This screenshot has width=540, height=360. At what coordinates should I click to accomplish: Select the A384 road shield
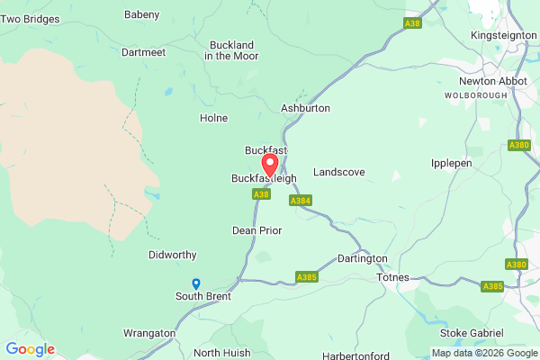pyautogui.click(x=301, y=201)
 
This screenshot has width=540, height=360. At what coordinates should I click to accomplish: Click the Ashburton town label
pyautogui.click(x=306, y=108)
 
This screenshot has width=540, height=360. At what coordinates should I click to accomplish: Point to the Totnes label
pyautogui.click(x=392, y=276)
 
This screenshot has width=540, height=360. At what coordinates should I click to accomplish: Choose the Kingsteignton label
pyautogui.click(x=502, y=35)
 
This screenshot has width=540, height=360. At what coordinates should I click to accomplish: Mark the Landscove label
pyautogui.click(x=338, y=172)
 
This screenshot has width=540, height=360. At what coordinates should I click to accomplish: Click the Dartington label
pyautogui.click(x=362, y=258)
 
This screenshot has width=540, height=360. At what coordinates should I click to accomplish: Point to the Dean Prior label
pyautogui.click(x=256, y=230)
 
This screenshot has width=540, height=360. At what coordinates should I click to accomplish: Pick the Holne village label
pyautogui.click(x=213, y=118)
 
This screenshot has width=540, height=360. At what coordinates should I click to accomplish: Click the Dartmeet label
pyautogui.click(x=142, y=52)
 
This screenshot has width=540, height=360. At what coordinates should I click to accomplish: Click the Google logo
pyautogui.click(x=30, y=349)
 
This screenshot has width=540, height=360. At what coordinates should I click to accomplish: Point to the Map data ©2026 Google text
pyautogui.click(x=484, y=353)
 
